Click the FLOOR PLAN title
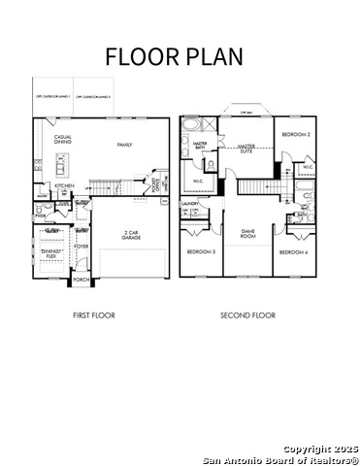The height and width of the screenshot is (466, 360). click(175, 55)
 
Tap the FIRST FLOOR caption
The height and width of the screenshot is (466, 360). click(95, 316)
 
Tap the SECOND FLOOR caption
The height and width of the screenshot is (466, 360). click(247, 316)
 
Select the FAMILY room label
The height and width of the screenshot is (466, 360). click(124, 145)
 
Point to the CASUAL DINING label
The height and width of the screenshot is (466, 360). click(63, 140)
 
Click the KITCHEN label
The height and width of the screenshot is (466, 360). click(64, 185)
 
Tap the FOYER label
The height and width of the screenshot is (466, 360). click(82, 247)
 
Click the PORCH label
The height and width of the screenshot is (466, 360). click(82, 280)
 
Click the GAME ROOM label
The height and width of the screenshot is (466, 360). click(248, 234)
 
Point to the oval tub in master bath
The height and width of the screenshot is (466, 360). click(190, 125)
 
